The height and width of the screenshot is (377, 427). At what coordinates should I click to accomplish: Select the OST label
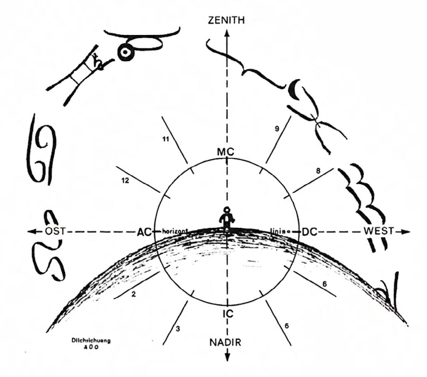pyautogui.click(x=55, y=231)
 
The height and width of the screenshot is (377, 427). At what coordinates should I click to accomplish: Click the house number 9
pyautogui.click(x=277, y=129)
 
